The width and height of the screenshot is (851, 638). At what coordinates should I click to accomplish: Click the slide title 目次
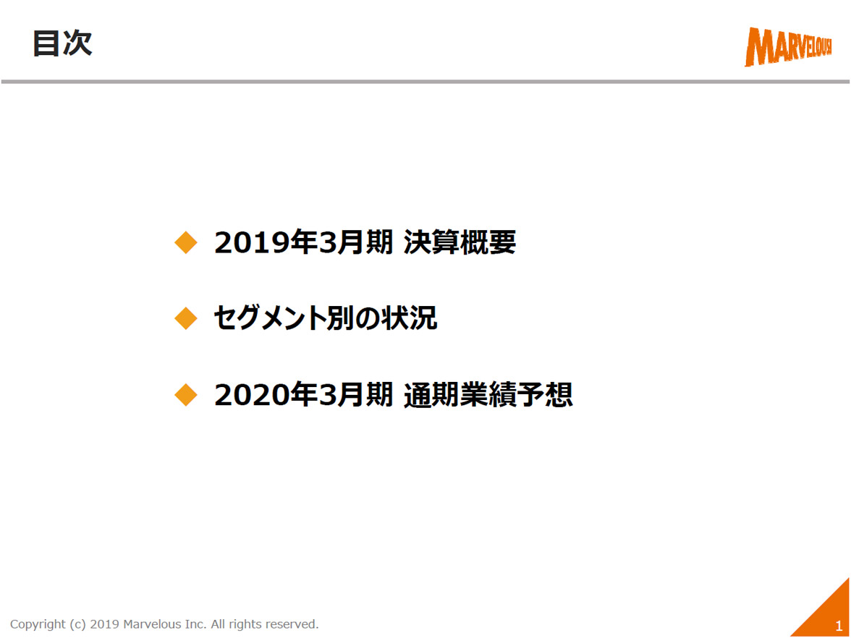point(62,43)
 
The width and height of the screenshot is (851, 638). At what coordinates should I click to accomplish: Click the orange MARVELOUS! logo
point(788,46)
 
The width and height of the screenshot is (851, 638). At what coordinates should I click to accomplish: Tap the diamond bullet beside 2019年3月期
point(185,242)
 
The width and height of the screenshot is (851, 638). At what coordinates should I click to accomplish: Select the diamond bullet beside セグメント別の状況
point(185,318)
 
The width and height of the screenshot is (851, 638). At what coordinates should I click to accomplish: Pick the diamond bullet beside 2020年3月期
point(185,394)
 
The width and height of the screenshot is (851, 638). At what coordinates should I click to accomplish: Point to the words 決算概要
point(460,242)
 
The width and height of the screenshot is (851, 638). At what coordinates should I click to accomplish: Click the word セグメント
point(270,318)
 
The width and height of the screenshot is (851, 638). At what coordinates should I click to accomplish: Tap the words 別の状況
point(381,318)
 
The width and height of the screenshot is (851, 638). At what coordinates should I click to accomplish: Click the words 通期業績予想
point(488,395)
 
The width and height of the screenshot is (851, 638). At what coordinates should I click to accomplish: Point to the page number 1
point(839,626)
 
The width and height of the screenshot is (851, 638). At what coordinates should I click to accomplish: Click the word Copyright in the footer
point(37,624)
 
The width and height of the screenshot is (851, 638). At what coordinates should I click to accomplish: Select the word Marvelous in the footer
point(152,624)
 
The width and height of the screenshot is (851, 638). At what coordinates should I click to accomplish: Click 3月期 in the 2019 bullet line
point(355,242)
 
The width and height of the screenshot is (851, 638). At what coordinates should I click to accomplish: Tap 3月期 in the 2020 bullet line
point(355,395)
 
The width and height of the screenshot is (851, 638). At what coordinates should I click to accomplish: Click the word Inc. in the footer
point(195,624)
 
